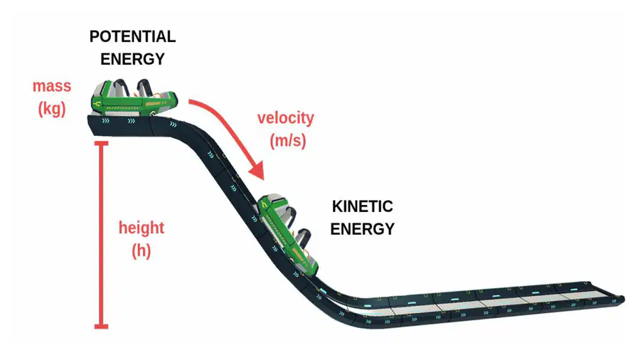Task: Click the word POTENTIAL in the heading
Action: [133, 37]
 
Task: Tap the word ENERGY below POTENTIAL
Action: [133, 59]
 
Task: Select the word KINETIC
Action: [363, 206]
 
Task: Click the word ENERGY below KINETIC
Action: [363, 229]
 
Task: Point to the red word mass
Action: [52, 86]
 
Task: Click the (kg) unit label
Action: [52, 109]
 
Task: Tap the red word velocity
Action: [286, 118]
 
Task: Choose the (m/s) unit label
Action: [288, 141]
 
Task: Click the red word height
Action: [142, 228]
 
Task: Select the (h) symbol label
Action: [142, 250]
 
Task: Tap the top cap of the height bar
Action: [101, 143]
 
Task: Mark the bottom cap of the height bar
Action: [101, 326]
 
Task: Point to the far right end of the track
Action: [622, 300]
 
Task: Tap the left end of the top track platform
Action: [90, 122]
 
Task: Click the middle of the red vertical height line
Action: [101, 235]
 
